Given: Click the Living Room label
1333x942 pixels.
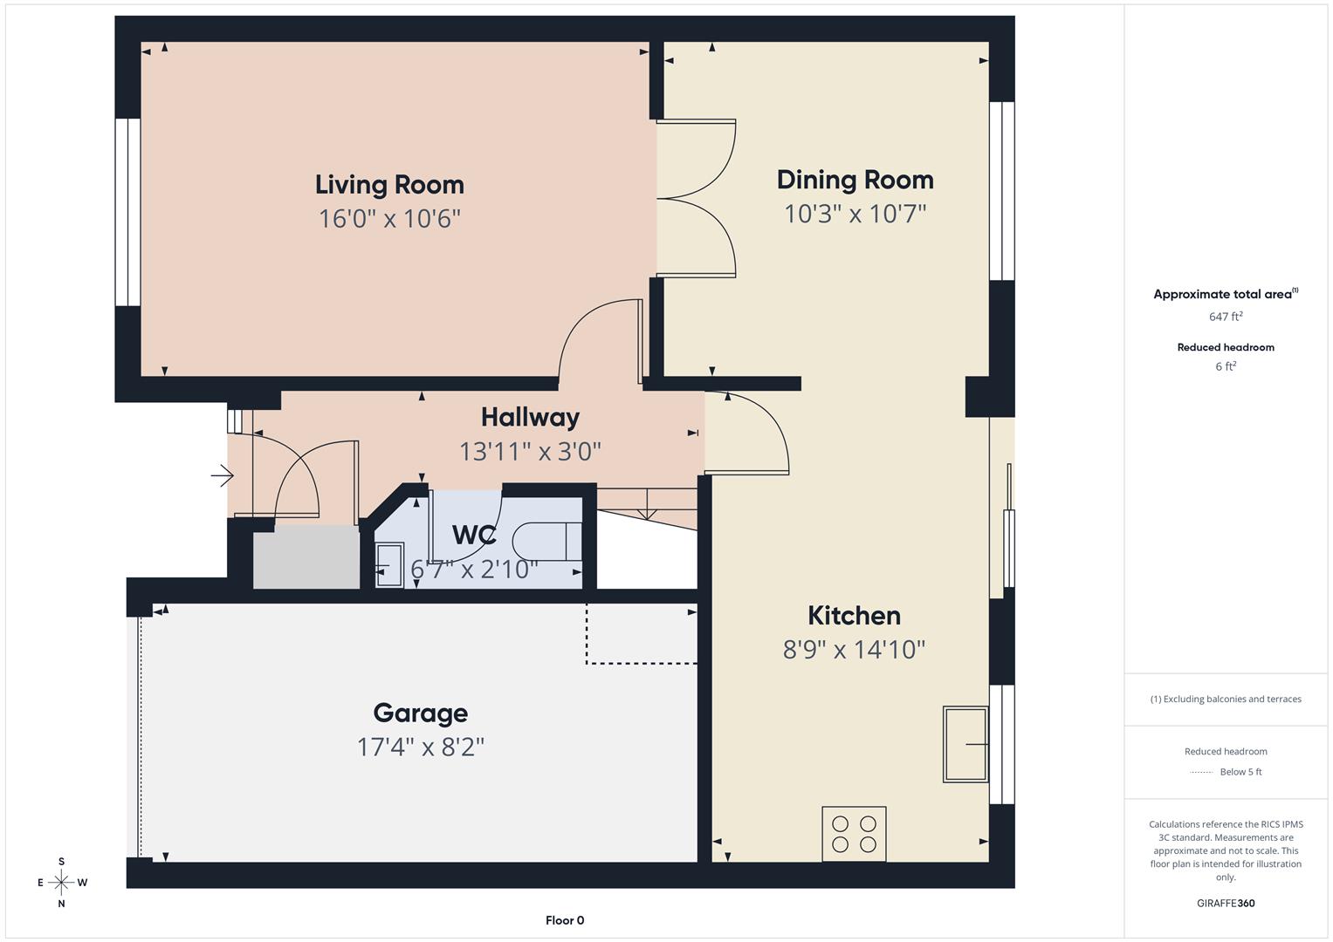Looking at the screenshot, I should tap(389, 185).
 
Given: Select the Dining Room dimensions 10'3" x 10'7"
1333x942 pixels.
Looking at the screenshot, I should tap(855, 214).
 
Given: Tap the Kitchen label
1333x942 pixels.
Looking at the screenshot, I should tap(854, 616).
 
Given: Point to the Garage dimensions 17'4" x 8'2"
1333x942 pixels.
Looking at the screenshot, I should tap(420, 747).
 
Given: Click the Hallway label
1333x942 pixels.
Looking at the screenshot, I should tap(530, 417).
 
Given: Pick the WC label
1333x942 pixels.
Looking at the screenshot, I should tap(474, 535).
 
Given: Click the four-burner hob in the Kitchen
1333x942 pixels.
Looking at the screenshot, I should tap(854, 834).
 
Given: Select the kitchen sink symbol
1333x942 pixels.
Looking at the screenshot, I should tap(965, 744).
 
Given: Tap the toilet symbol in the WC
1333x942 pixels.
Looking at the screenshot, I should tap(546, 541).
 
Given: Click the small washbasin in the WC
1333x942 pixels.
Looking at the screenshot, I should tap(389, 565).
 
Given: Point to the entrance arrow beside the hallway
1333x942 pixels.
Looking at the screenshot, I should tap(223, 476).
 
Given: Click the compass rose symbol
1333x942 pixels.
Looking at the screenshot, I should tap(61, 883).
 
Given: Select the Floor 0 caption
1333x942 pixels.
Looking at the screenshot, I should tap(565, 920).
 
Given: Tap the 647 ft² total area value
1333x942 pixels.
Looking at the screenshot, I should tap(1226, 317).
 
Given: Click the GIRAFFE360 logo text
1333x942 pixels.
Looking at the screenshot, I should tap(1226, 903).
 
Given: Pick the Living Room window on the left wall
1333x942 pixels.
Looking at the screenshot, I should tap(127, 212).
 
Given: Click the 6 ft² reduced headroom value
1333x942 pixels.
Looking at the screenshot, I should tap(1226, 366).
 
